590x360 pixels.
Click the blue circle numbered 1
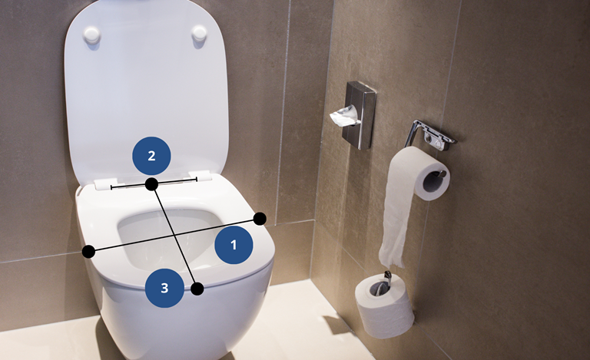coord(234,245)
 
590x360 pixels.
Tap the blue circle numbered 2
coord(151,156)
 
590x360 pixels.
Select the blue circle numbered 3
coord(164,288)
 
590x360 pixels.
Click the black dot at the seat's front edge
coord(197,289)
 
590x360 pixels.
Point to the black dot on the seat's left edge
coord(89,252)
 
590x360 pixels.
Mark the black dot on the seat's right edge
coord(260,219)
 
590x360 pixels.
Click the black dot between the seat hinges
coord(151,184)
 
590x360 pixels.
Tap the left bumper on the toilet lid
coord(92,35)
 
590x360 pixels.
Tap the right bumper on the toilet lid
coord(199,33)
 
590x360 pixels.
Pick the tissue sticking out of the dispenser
coord(344,115)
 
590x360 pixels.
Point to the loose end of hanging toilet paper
coord(393,259)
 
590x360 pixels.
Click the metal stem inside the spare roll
coord(387,281)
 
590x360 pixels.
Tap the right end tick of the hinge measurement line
coord(197,180)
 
